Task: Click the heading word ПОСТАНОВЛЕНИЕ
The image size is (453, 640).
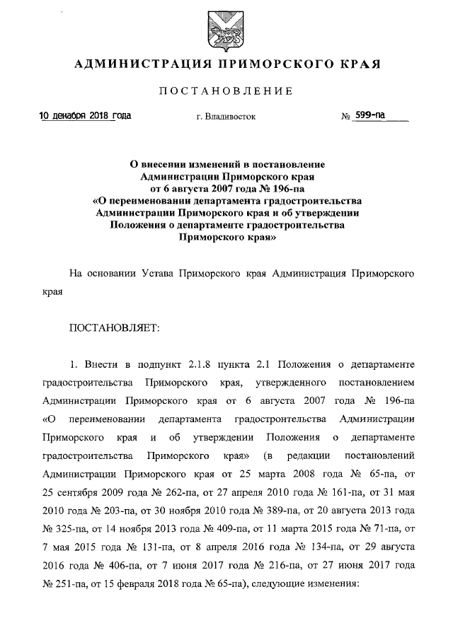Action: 226,91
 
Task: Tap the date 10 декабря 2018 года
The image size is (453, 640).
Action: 85,115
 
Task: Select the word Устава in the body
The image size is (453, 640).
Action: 154,272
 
